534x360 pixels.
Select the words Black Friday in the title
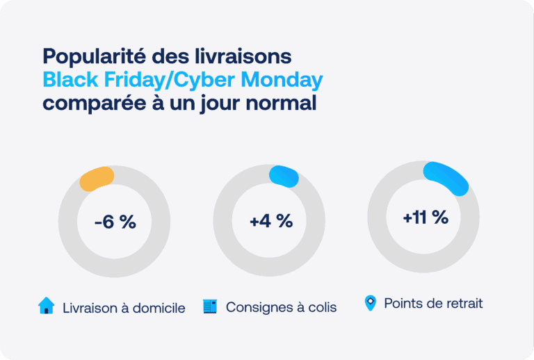click(x=105, y=80)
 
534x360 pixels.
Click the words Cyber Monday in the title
click(x=249, y=80)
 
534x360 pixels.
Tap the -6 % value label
click(x=115, y=222)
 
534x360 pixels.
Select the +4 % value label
click(x=270, y=221)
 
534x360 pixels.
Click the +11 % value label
click(x=425, y=217)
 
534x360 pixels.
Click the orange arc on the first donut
click(x=96, y=179)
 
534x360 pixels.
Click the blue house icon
click(x=46, y=306)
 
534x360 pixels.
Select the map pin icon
click(x=371, y=303)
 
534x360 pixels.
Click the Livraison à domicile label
click(x=123, y=308)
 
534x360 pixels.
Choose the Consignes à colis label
click(x=281, y=307)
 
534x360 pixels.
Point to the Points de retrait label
click(x=432, y=304)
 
